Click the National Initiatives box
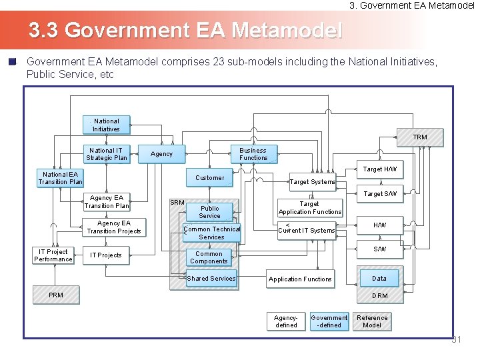107,125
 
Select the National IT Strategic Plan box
107,154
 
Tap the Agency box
162,154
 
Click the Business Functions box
253,154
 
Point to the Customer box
210,178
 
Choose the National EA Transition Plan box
60,178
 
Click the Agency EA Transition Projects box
114,227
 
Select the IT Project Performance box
53,255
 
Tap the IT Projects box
107,255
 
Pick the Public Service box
209,212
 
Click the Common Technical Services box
211,233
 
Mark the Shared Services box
211,279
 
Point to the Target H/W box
380,169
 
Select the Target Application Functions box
310,208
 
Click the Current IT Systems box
307,231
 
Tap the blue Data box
379,279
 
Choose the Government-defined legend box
329,321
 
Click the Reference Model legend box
372,321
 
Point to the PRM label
56,295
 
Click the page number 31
457,340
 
